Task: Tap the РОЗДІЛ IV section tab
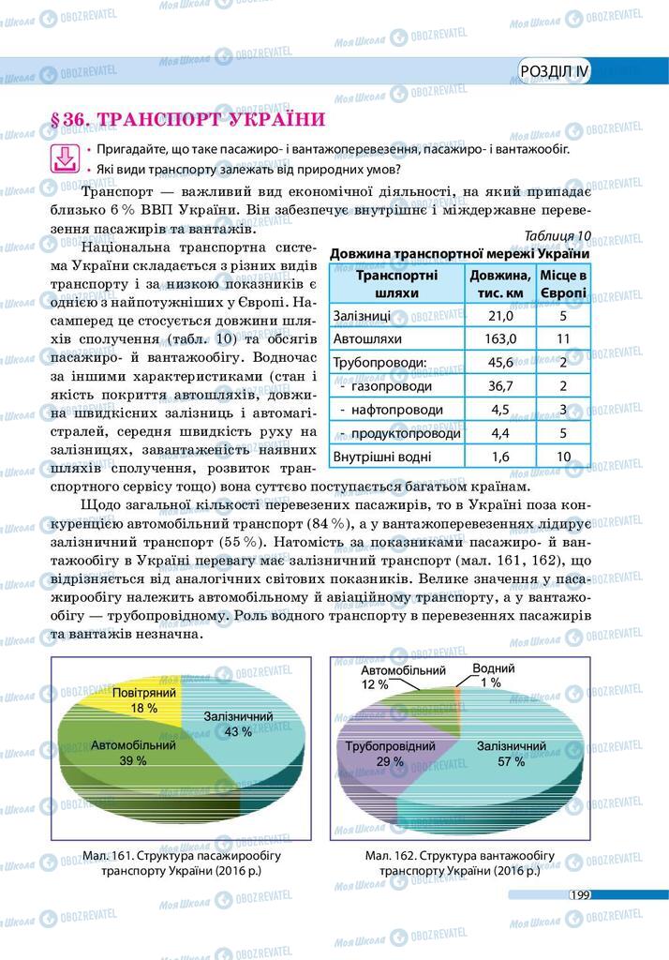[555, 71]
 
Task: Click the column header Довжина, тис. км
[500, 283]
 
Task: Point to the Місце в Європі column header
[563, 283]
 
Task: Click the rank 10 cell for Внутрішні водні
[563, 457]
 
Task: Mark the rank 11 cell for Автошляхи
[563, 338]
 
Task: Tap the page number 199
[577, 895]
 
